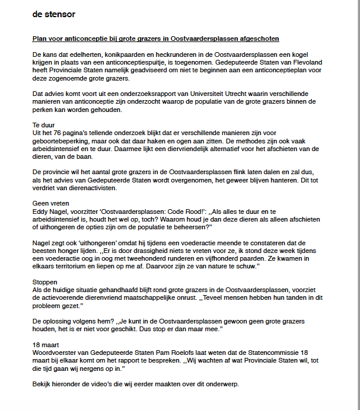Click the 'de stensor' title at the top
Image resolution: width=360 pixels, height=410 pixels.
(54, 14)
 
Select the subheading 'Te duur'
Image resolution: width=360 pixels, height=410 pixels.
(43, 125)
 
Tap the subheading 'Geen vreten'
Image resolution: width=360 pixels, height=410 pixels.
(50, 203)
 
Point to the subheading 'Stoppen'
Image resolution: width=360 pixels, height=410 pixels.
(45, 282)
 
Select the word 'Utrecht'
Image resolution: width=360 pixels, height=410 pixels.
(197, 94)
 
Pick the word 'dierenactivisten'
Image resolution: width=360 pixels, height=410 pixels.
(85, 187)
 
